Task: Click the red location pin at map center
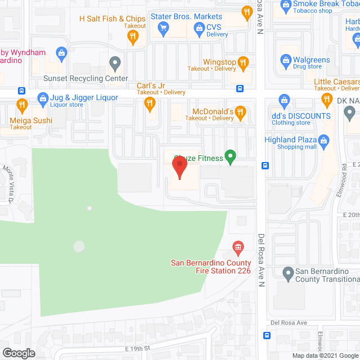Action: (x=179, y=168)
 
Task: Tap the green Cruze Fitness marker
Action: (x=229, y=156)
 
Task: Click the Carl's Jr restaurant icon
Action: (x=149, y=103)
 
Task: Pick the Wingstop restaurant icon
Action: (x=243, y=62)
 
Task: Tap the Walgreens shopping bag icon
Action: (x=286, y=60)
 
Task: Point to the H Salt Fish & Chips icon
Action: (x=133, y=37)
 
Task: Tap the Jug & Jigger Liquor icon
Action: (x=42, y=99)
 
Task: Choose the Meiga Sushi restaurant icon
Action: (x=22, y=105)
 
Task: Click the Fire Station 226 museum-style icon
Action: (x=238, y=247)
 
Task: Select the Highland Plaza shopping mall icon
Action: (x=323, y=140)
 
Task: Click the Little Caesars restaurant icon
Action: (x=327, y=100)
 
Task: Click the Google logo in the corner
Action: (x=18, y=353)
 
